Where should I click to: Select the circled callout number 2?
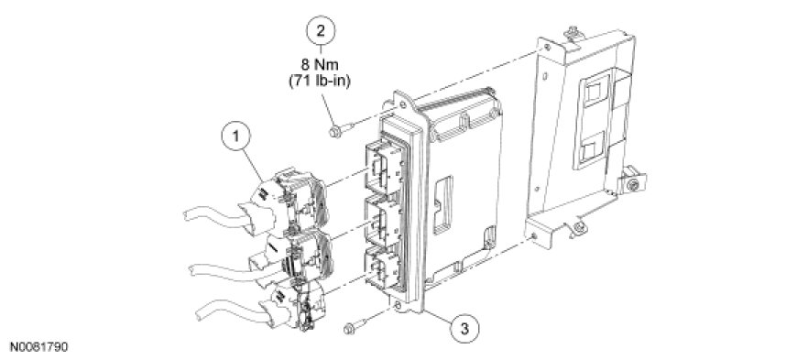click(x=321, y=30)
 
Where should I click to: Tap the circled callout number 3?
click(x=464, y=329)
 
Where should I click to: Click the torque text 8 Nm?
click(x=321, y=65)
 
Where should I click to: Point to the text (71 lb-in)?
click(x=320, y=81)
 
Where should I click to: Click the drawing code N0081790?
click(x=34, y=347)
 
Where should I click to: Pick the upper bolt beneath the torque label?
click(x=341, y=130)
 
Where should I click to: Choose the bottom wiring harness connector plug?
click(x=298, y=304)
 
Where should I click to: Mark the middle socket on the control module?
click(x=385, y=223)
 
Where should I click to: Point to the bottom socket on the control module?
click(x=385, y=272)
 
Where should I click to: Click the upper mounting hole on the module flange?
click(x=403, y=106)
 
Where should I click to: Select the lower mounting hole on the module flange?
click(x=398, y=306)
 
